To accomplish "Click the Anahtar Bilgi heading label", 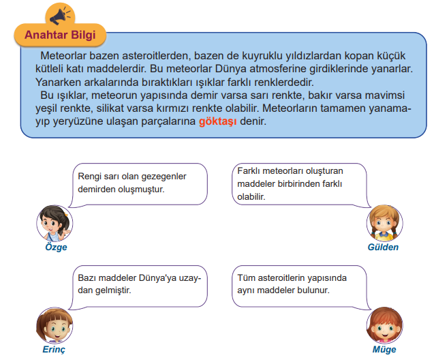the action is (x=60, y=35).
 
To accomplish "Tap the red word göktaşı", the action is (x=218, y=121).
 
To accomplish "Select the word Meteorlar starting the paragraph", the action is (x=63, y=56).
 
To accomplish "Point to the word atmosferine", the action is (x=278, y=69).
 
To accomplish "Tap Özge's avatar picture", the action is (x=55, y=223).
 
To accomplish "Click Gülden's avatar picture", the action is (x=384, y=223).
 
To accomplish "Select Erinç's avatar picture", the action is (x=55, y=325).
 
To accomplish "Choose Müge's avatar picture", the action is (x=384, y=325).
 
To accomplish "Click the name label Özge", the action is (x=56, y=247).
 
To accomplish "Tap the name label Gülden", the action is (x=383, y=247).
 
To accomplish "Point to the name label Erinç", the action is (x=54, y=350).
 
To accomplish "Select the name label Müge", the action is (x=384, y=350).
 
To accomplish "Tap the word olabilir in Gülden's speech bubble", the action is (x=251, y=196).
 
